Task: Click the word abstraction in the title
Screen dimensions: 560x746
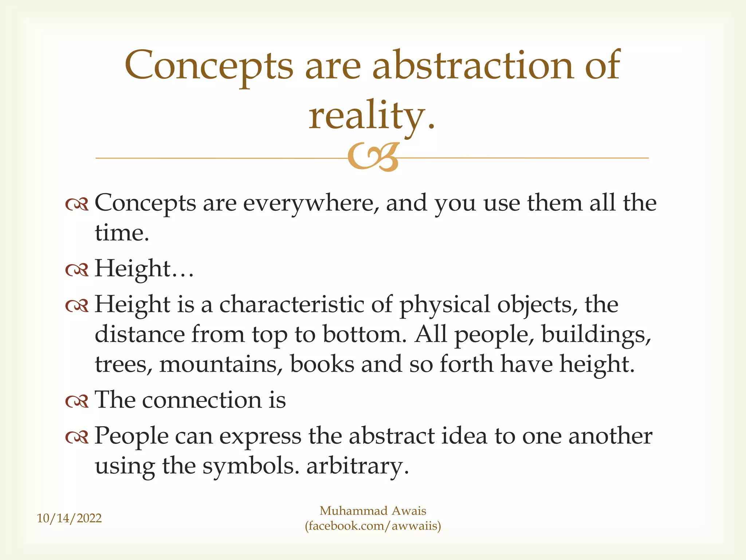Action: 473,65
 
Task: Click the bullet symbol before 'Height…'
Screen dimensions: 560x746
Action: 77,270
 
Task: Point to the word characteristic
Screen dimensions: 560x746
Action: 291,304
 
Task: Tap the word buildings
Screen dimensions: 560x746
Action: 596,334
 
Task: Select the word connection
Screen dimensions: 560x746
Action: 202,400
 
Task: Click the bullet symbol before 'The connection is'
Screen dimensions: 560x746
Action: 77,401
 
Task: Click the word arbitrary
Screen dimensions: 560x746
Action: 357,466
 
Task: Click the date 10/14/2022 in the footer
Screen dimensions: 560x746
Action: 69,518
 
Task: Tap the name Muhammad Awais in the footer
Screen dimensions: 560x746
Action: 373,511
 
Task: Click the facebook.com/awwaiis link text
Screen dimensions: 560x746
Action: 373,526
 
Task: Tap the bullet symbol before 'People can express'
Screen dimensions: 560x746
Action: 77,437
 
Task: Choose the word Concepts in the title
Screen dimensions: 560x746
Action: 209,65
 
